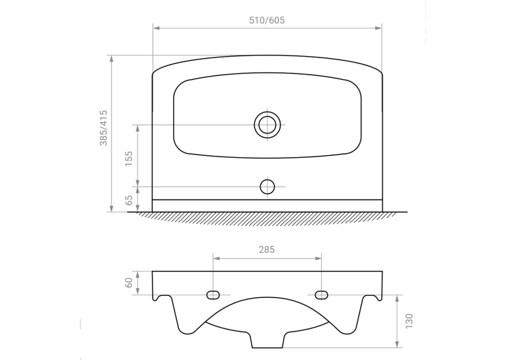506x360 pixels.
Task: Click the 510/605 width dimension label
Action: click(267, 20)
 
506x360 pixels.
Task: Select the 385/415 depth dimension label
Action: click(103, 128)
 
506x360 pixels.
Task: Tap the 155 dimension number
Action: click(129, 159)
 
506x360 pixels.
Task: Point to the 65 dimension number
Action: click(129, 200)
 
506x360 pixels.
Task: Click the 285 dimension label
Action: click(267, 249)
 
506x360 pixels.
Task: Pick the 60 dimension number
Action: click(129, 283)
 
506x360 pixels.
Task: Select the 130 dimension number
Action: click(409, 321)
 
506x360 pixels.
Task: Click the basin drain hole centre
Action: click(267, 125)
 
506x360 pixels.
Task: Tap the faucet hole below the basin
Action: click(267, 186)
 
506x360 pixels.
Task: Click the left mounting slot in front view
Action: click(213, 295)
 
